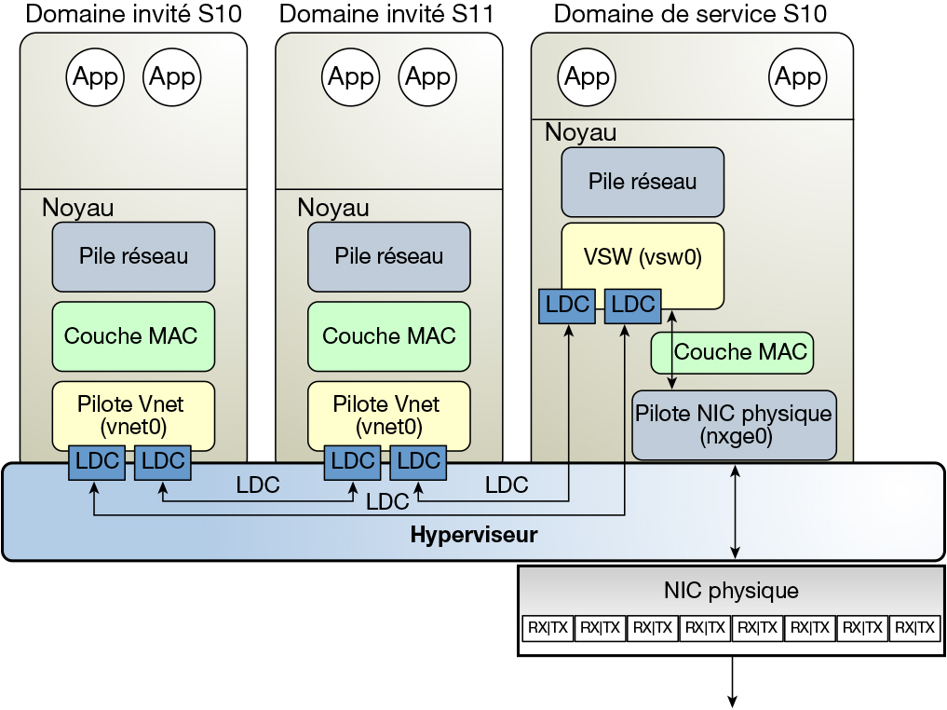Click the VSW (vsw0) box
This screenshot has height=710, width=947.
(643, 257)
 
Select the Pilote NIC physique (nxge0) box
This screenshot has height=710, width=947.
(734, 425)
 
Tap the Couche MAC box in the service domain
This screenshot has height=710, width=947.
(731, 352)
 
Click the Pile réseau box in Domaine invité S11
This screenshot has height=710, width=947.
(389, 256)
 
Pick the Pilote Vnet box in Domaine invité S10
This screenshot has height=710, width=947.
(133, 416)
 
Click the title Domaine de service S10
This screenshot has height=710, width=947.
(690, 14)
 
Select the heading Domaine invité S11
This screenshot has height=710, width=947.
(386, 14)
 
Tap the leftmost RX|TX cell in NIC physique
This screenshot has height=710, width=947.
(548, 628)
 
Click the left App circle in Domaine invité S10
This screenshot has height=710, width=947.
(96, 76)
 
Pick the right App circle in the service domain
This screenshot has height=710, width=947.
(798, 76)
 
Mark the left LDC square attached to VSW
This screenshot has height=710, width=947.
(567, 305)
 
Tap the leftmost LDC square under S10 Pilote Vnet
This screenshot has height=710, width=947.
(96, 460)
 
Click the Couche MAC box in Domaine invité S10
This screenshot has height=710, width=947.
(133, 335)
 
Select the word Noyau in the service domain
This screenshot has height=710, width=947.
(580, 133)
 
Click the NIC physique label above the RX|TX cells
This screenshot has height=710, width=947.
(731, 590)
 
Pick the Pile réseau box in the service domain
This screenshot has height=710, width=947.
(643, 182)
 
